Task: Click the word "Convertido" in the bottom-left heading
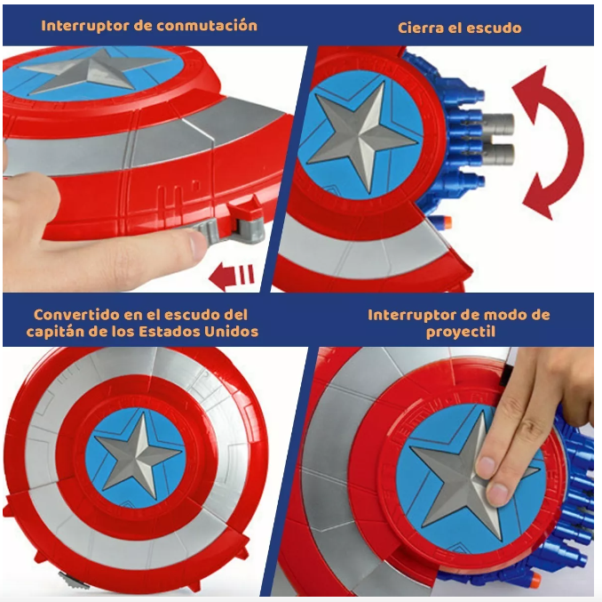pos(76,315)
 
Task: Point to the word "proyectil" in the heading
pos(460,332)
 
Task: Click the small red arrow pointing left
pos(232,276)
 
